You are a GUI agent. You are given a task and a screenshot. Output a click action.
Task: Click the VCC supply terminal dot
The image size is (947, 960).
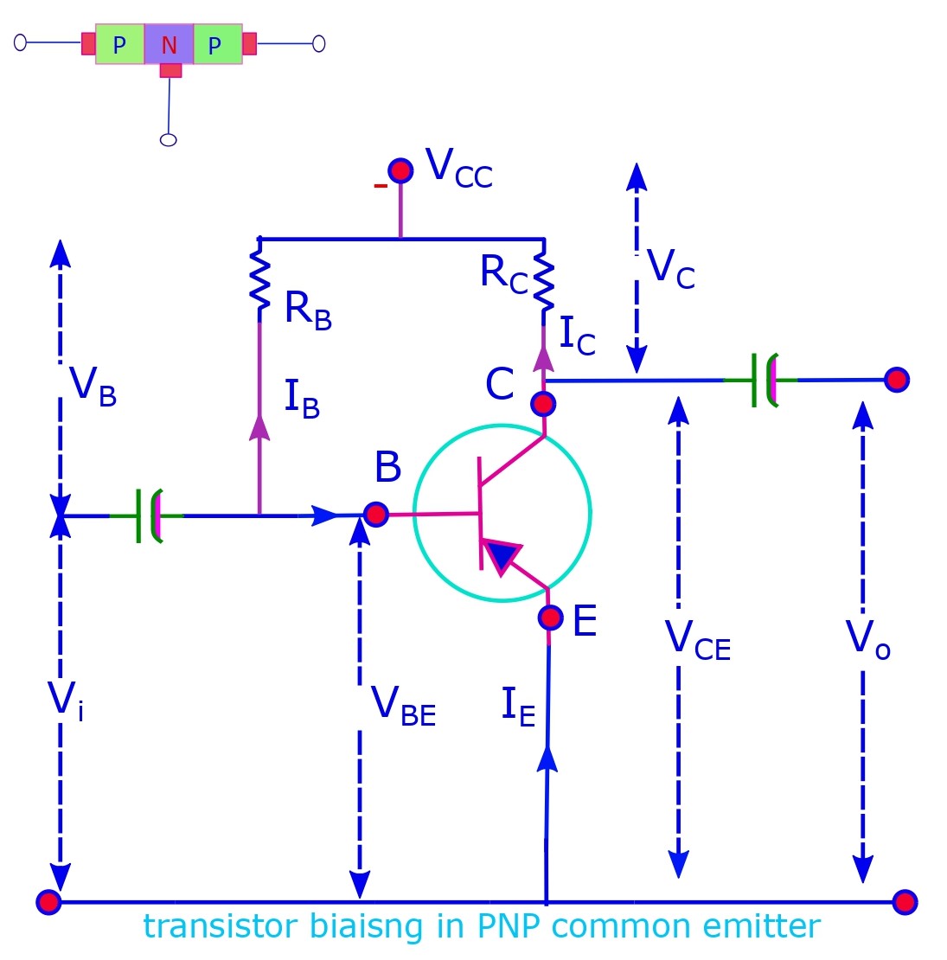(x=400, y=170)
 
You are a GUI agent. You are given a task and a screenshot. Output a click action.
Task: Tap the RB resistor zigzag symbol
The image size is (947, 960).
(x=259, y=279)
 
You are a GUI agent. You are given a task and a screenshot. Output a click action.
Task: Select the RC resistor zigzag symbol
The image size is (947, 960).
(x=543, y=279)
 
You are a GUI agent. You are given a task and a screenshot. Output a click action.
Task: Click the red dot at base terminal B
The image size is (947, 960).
(x=375, y=515)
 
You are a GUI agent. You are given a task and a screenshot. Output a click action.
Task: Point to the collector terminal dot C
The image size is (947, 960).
(x=543, y=404)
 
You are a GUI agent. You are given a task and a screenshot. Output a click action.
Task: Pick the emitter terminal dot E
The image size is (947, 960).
(x=550, y=618)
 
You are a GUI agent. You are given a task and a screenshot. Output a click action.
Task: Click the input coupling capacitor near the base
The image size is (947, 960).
(x=148, y=515)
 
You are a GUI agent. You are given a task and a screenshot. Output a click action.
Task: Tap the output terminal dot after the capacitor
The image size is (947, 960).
(x=897, y=380)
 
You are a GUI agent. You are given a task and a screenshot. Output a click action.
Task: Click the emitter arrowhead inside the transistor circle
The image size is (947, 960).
(x=501, y=556)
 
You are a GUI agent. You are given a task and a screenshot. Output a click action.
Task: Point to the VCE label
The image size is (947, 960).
(x=697, y=641)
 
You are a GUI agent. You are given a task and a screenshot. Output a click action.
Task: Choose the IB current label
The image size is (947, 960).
(x=302, y=399)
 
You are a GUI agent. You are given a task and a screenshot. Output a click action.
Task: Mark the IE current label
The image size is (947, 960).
(x=518, y=707)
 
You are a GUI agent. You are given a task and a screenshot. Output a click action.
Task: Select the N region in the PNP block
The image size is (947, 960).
(x=170, y=45)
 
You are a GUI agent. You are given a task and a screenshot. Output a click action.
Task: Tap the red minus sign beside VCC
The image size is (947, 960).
(x=380, y=186)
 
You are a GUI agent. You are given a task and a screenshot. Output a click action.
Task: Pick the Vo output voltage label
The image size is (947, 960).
(x=867, y=640)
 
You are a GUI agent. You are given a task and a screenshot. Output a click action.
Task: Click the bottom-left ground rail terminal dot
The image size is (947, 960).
(x=49, y=902)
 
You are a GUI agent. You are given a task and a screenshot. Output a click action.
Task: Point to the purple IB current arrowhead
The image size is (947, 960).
(x=259, y=427)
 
